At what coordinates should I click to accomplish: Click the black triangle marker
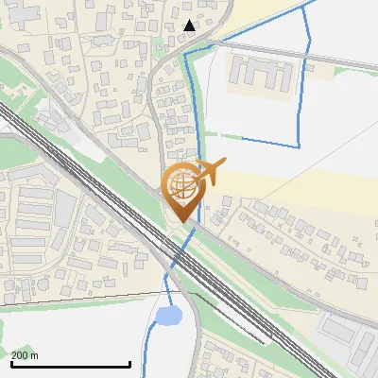point(190,26)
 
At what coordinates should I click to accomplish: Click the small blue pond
point(168,315)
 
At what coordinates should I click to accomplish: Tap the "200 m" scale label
point(26,355)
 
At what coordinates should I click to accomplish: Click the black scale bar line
point(70,365)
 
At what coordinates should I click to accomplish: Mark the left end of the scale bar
point(10,365)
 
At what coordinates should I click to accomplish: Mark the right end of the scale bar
point(129,365)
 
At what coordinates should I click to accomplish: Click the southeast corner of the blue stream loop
point(299,146)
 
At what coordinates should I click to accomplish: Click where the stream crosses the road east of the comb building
point(306,55)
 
